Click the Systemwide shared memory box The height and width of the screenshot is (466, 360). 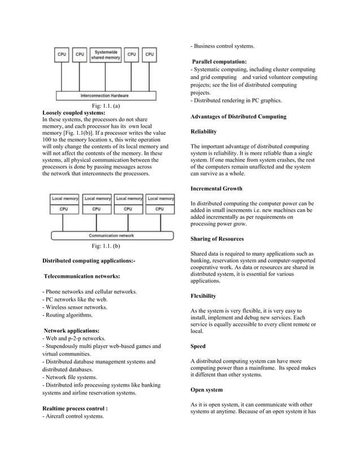106,55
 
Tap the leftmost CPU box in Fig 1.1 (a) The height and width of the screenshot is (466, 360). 62,55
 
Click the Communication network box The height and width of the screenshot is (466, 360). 111,235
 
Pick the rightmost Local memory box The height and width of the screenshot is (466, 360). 160,199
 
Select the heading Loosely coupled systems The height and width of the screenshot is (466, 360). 74,113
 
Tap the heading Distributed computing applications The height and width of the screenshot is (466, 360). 89,261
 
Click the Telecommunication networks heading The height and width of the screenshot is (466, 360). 82,276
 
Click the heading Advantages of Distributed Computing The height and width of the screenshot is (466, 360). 238,116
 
